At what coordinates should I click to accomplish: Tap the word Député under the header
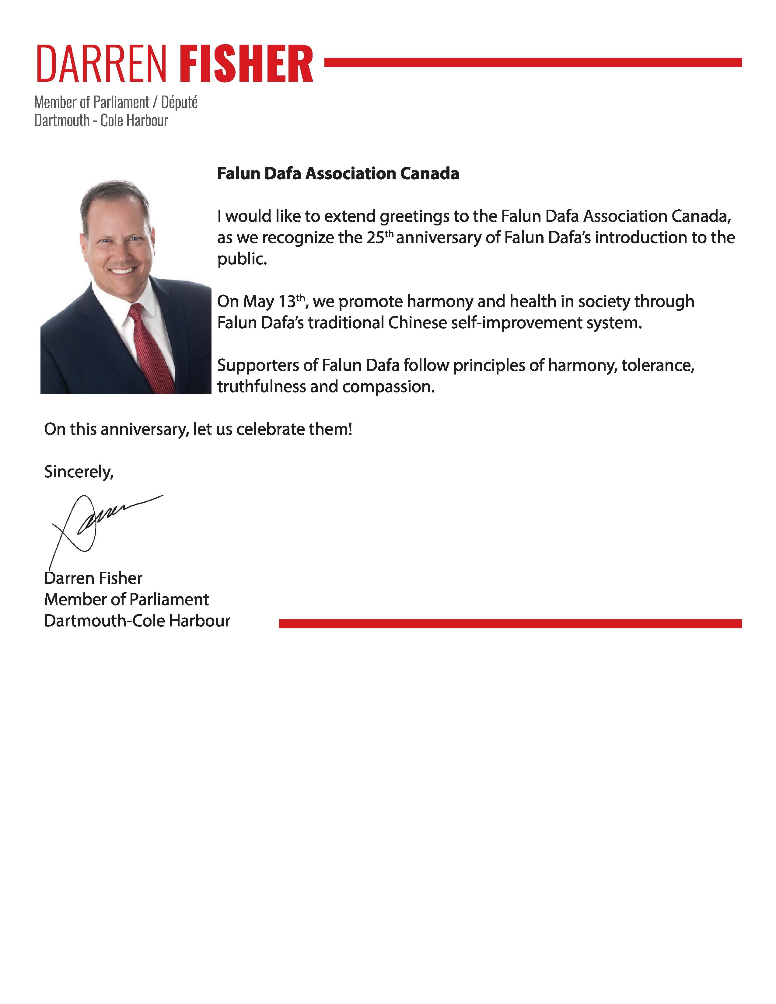(179, 102)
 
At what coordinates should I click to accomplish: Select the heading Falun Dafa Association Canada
(338, 173)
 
